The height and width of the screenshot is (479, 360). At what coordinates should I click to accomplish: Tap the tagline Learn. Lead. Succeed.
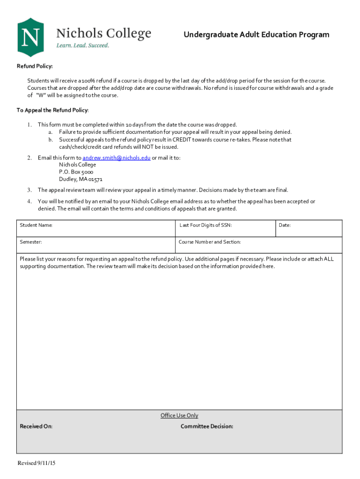point(83,45)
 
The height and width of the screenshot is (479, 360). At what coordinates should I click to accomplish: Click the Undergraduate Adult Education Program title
point(256,35)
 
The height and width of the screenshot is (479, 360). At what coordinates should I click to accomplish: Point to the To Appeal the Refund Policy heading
point(52,110)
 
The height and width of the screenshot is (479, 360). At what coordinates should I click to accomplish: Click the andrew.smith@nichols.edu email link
point(116,158)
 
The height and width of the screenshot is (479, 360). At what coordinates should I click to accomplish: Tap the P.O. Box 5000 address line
point(76,172)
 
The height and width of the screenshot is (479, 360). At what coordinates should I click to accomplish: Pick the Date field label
point(285,225)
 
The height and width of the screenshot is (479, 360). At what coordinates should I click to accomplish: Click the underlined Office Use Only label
point(180,415)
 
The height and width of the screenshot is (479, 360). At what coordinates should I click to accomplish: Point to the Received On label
point(36,426)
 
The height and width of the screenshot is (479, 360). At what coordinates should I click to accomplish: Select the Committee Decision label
point(207,426)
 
